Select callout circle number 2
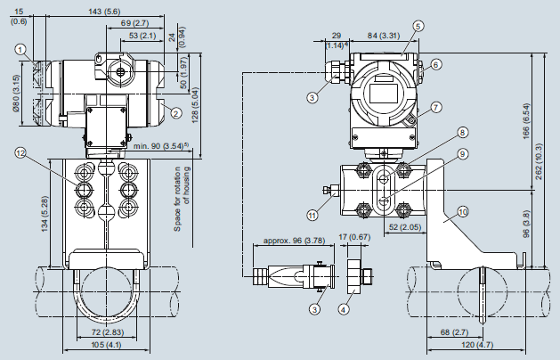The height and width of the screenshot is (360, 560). click(176, 112)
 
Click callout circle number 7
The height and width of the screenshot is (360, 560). click(435, 108)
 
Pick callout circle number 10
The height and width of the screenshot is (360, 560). click(462, 212)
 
